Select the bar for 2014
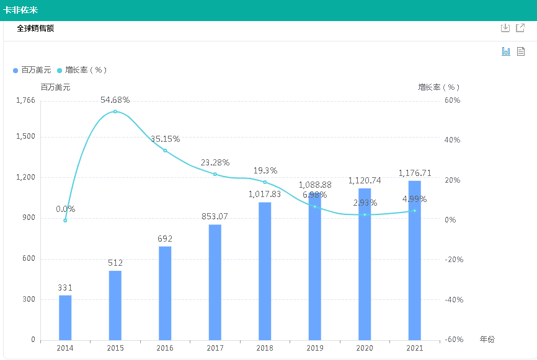(65, 317)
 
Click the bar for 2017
(215, 282)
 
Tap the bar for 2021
(414, 260)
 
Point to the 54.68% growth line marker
(115, 112)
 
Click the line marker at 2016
(165, 151)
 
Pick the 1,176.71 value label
(414, 172)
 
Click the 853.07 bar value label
(215, 216)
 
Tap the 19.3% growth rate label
(265, 170)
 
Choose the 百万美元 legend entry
(32, 70)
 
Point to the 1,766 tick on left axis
(25, 100)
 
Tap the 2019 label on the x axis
(314, 349)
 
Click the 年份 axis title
(487, 340)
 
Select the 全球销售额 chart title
(35, 29)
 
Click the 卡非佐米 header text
(19, 10)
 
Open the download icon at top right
(505, 28)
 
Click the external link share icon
(521, 28)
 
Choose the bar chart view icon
(506, 51)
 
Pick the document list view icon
(521, 51)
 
